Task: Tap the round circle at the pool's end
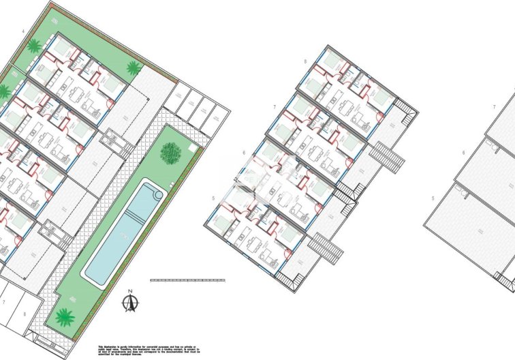(x=159, y=194)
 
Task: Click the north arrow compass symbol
(x=131, y=302)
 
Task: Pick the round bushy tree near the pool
(x=170, y=152)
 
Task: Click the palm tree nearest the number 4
(x=33, y=46)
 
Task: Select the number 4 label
(x=23, y=32)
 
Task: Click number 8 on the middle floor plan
(x=305, y=62)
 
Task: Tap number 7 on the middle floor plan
(x=274, y=108)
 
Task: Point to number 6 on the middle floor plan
(x=243, y=154)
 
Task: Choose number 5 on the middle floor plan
(x=213, y=198)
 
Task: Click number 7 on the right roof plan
(x=494, y=108)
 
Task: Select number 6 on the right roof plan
(x=463, y=153)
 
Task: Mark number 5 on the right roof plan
(x=433, y=198)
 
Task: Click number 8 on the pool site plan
(x=25, y=314)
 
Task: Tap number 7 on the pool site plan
(x=5, y=301)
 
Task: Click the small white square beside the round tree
(x=193, y=147)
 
